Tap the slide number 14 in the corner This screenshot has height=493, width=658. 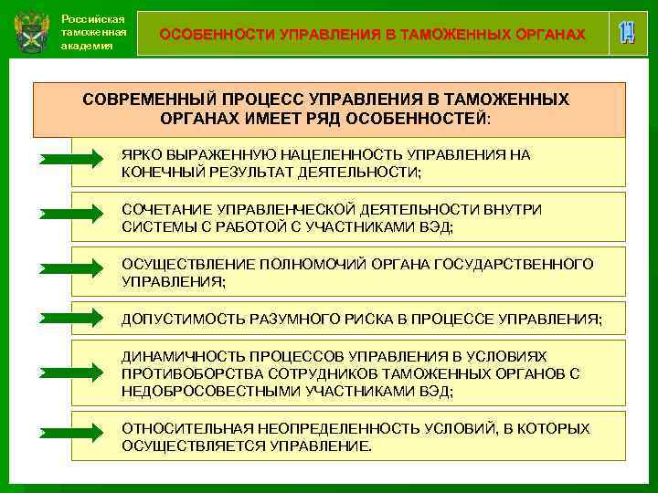(626, 33)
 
